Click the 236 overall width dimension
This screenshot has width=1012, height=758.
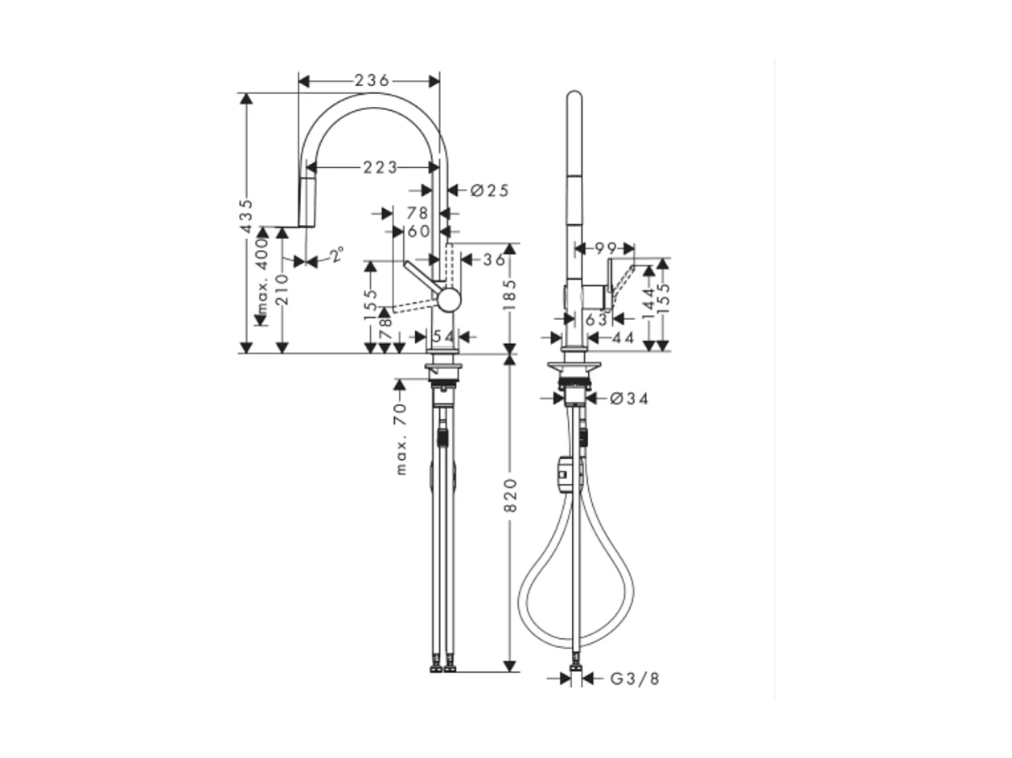pyautogui.click(x=371, y=80)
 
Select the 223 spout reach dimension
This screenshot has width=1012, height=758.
pyautogui.click(x=380, y=167)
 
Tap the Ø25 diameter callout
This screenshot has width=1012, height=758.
pyautogui.click(x=489, y=191)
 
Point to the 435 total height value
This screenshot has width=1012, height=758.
pyautogui.click(x=247, y=215)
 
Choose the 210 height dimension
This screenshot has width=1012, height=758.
pyautogui.click(x=282, y=289)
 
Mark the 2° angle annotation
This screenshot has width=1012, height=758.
pyautogui.click(x=335, y=256)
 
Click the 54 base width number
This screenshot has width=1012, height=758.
pyautogui.click(x=443, y=336)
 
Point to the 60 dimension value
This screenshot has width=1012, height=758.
pyautogui.click(x=418, y=231)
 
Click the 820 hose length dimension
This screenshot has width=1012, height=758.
pyautogui.click(x=509, y=495)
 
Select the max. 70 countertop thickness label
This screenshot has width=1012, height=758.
pyautogui.click(x=401, y=439)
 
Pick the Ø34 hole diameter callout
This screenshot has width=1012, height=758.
pyautogui.click(x=628, y=398)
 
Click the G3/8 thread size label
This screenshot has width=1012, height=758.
pyautogui.click(x=634, y=679)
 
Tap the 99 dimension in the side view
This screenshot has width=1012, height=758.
pyautogui.click(x=604, y=248)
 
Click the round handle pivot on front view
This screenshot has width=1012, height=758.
pyautogui.click(x=449, y=300)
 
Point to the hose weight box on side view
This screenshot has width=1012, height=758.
pyautogui.click(x=566, y=473)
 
